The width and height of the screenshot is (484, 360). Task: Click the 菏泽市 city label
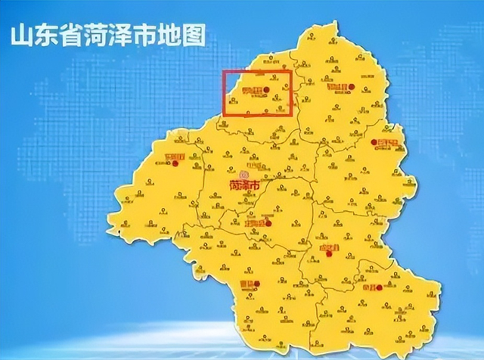point(244,185)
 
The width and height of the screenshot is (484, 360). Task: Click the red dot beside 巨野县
point(373,141)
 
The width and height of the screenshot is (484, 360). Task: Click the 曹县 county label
point(245,285)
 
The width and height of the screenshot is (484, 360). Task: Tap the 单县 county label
point(368,287)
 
